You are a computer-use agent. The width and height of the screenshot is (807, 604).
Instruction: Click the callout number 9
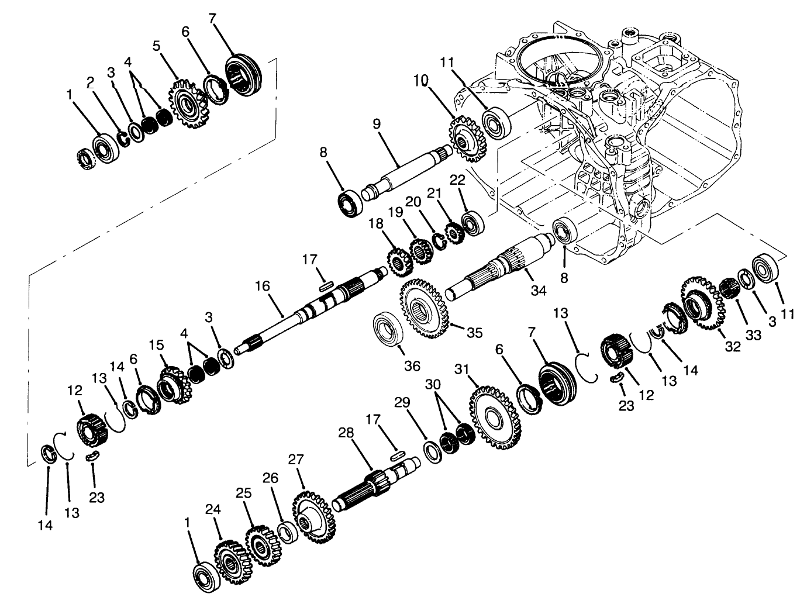pyautogui.click(x=376, y=125)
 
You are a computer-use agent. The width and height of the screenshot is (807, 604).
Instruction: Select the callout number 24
pyautogui.click(x=213, y=510)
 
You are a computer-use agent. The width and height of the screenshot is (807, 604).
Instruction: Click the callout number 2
pyautogui.click(x=91, y=82)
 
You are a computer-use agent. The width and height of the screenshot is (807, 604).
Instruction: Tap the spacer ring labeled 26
pyautogui.click(x=287, y=533)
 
